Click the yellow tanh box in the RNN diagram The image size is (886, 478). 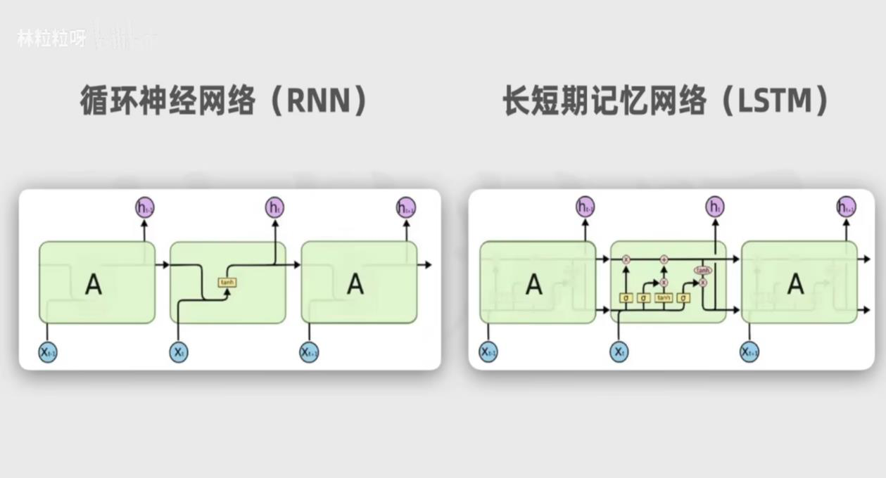pyautogui.click(x=227, y=282)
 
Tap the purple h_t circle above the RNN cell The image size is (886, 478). pyautogui.click(x=275, y=207)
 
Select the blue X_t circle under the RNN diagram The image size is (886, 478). pyautogui.click(x=179, y=351)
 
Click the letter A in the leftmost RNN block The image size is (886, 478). pyautogui.click(x=94, y=285)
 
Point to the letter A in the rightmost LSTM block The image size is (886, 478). pyautogui.click(x=796, y=284)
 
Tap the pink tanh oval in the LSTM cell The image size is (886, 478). pyautogui.click(x=702, y=270)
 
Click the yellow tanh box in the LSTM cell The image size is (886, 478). pyautogui.click(x=664, y=298)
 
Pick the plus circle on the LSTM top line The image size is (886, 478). pyautogui.click(x=664, y=260)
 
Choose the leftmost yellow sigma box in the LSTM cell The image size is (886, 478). pyautogui.click(x=626, y=298)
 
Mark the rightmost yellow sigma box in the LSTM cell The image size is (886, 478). pyautogui.click(x=683, y=298)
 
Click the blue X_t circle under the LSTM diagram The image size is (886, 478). pyautogui.click(x=619, y=351)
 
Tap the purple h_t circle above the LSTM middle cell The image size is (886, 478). pyautogui.click(x=715, y=207)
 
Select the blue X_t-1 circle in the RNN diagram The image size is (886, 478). pyautogui.click(x=48, y=351)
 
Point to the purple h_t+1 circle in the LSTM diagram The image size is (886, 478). pyautogui.click(x=847, y=207)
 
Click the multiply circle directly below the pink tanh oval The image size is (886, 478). pyautogui.click(x=702, y=283)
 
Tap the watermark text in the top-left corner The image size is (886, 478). pyautogui.click(x=51, y=39)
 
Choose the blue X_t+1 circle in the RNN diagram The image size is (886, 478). pyautogui.click(x=310, y=351)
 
